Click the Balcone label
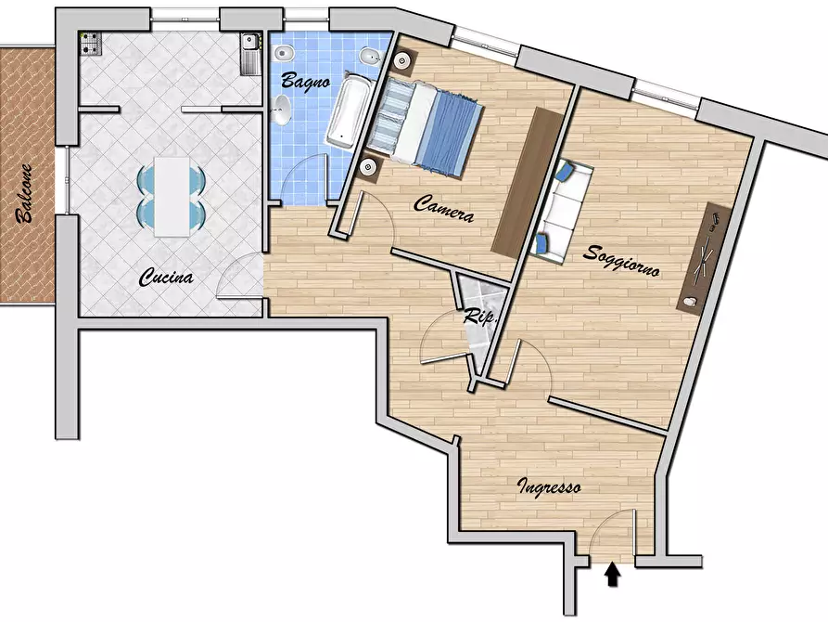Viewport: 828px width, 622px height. pyautogui.click(x=25, y=193)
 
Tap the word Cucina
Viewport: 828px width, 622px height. pyautogui.click(x=166, y=278)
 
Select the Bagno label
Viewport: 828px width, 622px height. pyautogui.click(x=306, y=81)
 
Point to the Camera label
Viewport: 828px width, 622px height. pyautogui.click(x=443, y=208)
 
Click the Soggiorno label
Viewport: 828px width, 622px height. pyautogui.click(x=621, y=261)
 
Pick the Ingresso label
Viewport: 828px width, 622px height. pyautogui.click(x=549, y=486)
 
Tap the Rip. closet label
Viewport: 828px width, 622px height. pyautogui.click(x=480, y=317)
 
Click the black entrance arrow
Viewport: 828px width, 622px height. pyautogui.click(x=612, y=575)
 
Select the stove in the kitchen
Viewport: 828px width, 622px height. pyautogui.click(x=90, y=44)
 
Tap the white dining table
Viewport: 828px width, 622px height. pyautogui.click(x=172, y=196)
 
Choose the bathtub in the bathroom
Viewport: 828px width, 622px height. pyautogui.click(x=348, y=111)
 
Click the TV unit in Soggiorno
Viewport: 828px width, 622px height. pyautogui.click(x=705, y=259)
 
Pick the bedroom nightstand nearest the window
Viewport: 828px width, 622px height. pyautogui.click(x=403, y=61)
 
